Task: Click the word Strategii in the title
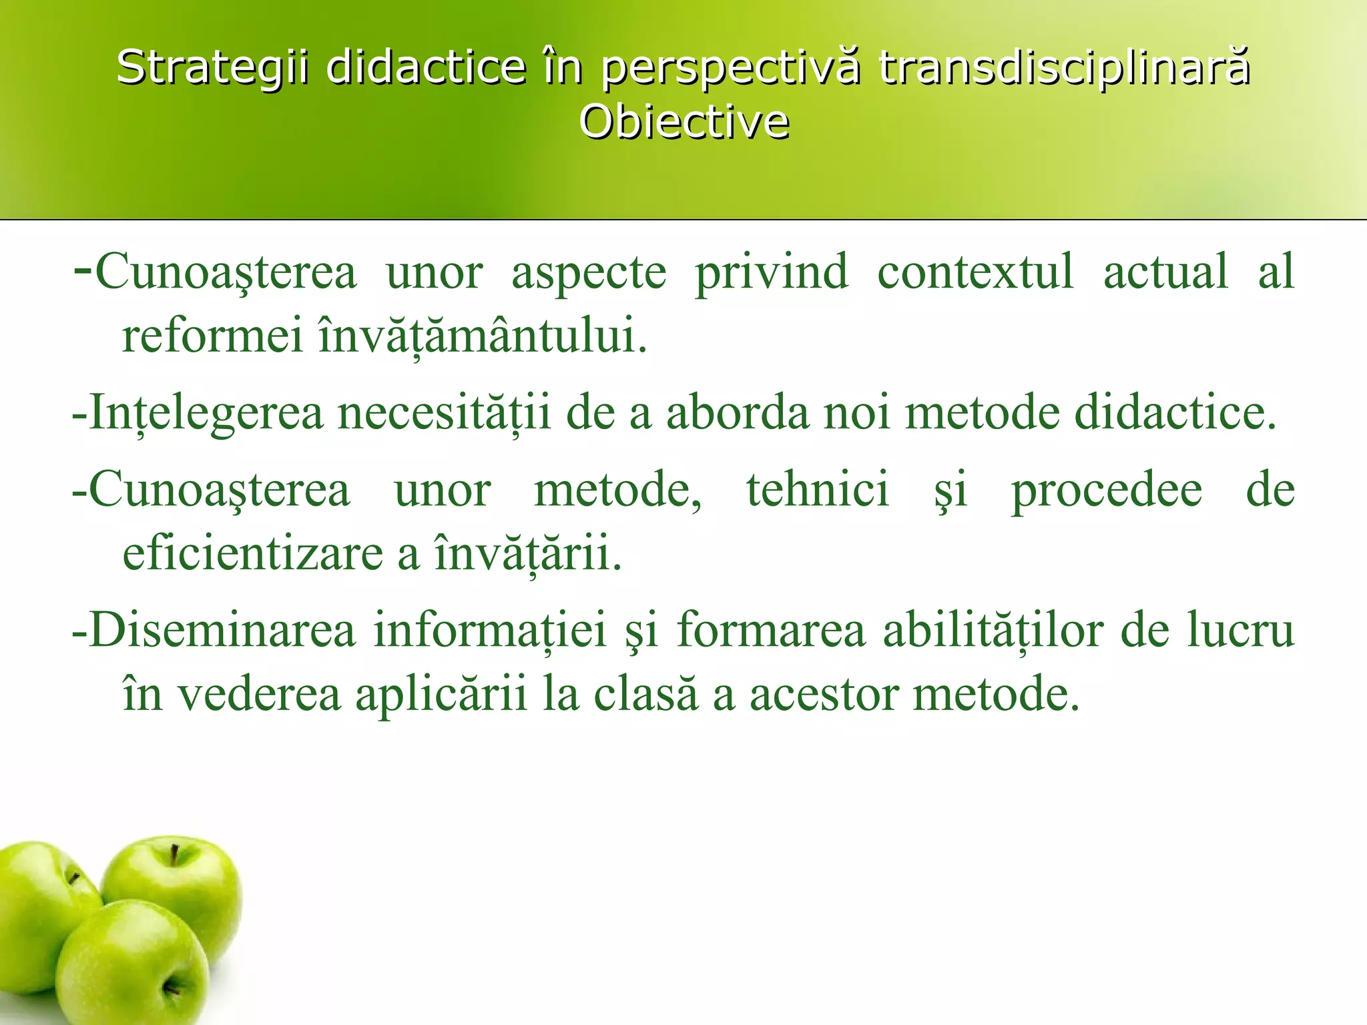click(212, 67)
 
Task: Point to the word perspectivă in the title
click(730, 69)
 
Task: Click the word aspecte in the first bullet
click(589, 272)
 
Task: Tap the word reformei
click(212, 335)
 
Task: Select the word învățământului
click(483, 335)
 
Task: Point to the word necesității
click(444, 412)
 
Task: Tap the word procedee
click(1107, 491)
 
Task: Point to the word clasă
click(645, 694)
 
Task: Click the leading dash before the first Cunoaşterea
click(83, 270)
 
